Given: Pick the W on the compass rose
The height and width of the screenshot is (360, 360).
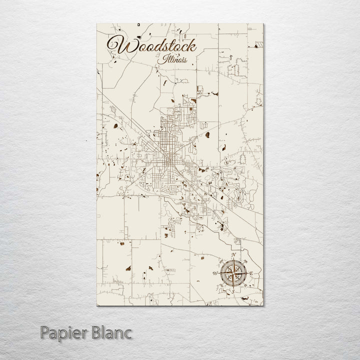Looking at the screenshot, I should click(x=215, y=273).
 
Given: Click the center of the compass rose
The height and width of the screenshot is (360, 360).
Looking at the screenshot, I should click(x=233, y=273).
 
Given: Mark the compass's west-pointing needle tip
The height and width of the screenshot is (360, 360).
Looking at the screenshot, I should click(x=220, y=273).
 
